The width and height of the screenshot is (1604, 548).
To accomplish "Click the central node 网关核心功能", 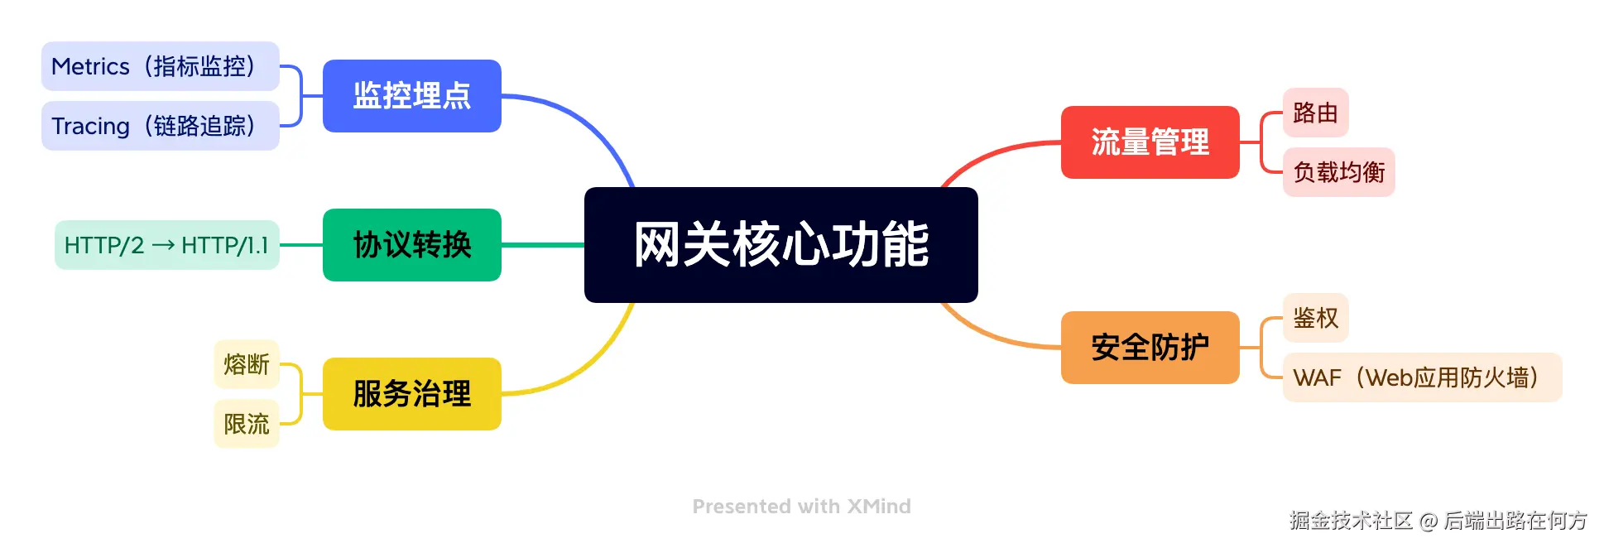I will (x=780, y=245).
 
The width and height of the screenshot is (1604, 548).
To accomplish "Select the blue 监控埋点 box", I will (x=411, y=96).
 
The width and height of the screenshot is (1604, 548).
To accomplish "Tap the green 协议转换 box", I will (x=411, y=245).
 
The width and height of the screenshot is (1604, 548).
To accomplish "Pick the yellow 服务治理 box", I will (x=411, y=394).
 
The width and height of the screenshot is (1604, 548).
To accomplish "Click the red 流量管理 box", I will (x=1150, y=142).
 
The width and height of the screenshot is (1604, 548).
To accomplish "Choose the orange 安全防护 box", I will (x=1150, y=348).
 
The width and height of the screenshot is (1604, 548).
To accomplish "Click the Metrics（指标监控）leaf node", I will (x=160, y=66).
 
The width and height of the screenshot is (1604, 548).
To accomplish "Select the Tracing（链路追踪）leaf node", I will (x=160, y=126).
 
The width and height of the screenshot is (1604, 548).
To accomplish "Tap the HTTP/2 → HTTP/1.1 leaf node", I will (x=166, y=245).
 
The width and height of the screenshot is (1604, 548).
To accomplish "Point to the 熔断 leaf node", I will (x=247, y=364).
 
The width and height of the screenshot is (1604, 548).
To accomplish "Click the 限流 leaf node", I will (x=247, y=424).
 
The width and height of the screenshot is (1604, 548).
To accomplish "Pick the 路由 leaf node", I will (x=1315, y=113).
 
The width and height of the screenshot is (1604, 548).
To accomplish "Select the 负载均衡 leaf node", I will (x=1338, y=172).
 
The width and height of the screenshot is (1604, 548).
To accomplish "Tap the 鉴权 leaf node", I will (x=1315, y=318).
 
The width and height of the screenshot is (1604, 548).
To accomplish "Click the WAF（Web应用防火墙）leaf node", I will (x=1422, y=377).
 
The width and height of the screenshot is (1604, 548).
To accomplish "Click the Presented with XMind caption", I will (x=801, y=507).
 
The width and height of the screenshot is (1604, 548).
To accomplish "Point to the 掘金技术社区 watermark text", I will (x=1351, y=521).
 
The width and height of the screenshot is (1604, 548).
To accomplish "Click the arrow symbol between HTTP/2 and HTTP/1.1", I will (x=163, y=245).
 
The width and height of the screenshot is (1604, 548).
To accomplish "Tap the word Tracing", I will (x=90, y=127).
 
